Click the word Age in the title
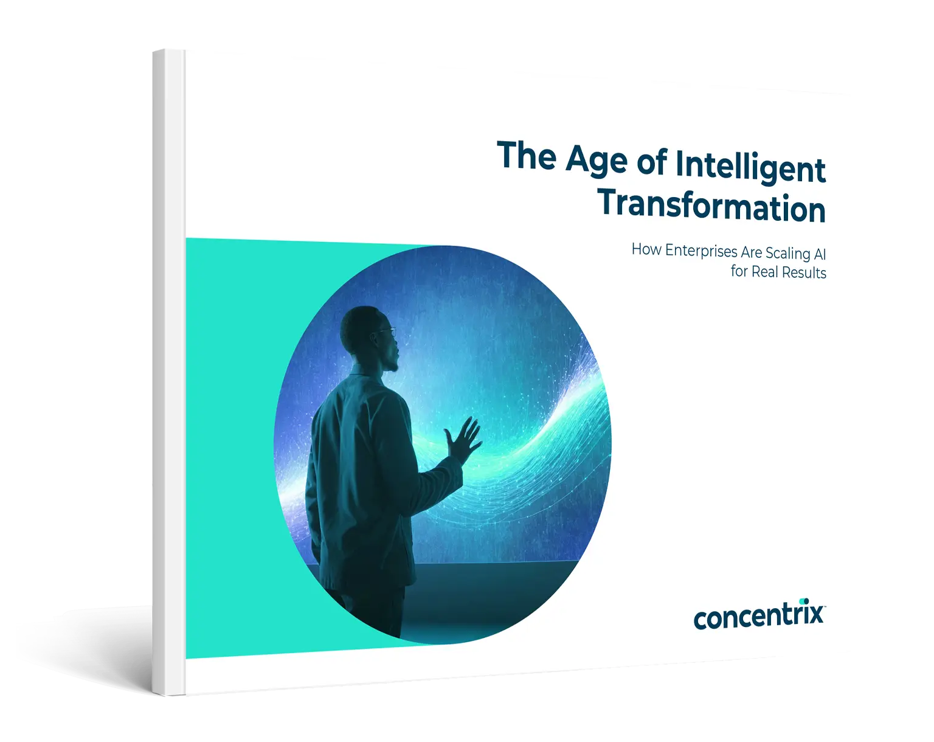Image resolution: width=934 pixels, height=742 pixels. click(596, 160)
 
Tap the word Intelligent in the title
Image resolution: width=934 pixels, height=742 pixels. click(750, 166)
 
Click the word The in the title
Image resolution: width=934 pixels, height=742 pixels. click(527, 156)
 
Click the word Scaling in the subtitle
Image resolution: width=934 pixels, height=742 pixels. click(787, 253)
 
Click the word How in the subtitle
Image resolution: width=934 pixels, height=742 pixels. click(646, 249)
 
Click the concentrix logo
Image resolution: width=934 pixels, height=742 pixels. click(758, 615)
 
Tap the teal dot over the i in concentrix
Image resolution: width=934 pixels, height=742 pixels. click(804, 602)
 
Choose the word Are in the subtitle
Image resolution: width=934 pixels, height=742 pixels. click(751, 252)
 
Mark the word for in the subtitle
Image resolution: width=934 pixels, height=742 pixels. click(739, 271)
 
